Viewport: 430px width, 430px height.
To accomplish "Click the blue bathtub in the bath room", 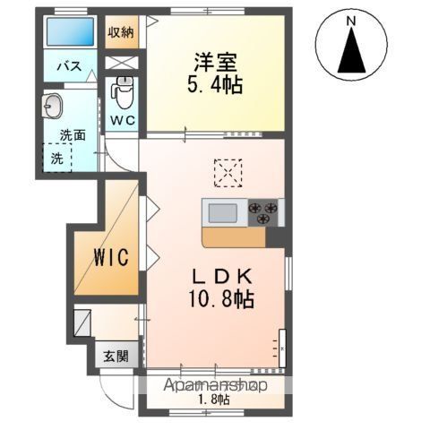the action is point(71,31).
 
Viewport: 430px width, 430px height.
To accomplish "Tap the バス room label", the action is point(69,66).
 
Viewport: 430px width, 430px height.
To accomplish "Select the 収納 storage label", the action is point(121,32).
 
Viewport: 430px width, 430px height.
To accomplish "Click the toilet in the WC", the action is point(123,92).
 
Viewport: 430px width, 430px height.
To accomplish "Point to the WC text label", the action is point(123,120).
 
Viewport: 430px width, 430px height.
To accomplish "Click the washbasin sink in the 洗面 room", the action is point(53,106).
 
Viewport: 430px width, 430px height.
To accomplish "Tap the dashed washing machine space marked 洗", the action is point(57,158).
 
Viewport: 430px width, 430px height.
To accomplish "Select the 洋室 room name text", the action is point(216,63).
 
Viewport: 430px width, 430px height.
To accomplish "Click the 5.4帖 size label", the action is point(215,85).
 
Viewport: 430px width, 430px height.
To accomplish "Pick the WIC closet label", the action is point(111,257).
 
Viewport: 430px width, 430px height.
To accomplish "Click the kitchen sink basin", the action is point(223,213).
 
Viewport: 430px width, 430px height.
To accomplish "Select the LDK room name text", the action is point(222,278).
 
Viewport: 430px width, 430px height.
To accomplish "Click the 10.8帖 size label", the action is point(221,298).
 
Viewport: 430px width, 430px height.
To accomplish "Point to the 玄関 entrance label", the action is point(116,356).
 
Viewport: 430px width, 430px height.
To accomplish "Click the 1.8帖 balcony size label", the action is point(215,399).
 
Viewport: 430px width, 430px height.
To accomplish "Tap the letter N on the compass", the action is point(351,21).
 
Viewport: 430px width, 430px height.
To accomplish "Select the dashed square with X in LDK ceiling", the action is point(228,173).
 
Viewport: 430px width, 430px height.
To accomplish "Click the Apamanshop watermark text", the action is point(215,386).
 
